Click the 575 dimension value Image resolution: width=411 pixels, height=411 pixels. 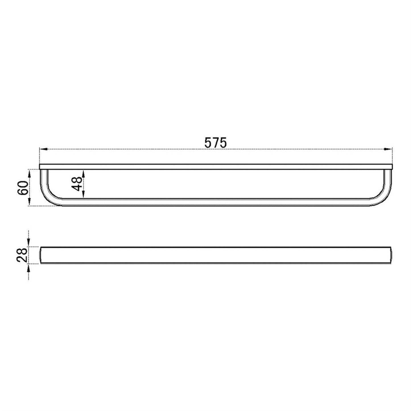(216, 142)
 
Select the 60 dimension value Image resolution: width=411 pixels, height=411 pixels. (23, 188)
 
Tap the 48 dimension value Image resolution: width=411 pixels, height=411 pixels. (77, 183)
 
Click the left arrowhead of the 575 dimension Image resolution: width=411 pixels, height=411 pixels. (43, 149)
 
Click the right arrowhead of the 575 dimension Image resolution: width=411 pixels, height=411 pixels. (389, 149)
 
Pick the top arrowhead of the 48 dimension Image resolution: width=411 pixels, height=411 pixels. (83, 173)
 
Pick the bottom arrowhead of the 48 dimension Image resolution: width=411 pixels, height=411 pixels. (83, 195)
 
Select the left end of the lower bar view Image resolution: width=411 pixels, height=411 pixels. (41, 255)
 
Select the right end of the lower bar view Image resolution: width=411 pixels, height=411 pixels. (392, 255)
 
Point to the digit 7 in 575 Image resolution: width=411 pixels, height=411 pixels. (216, 142)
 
